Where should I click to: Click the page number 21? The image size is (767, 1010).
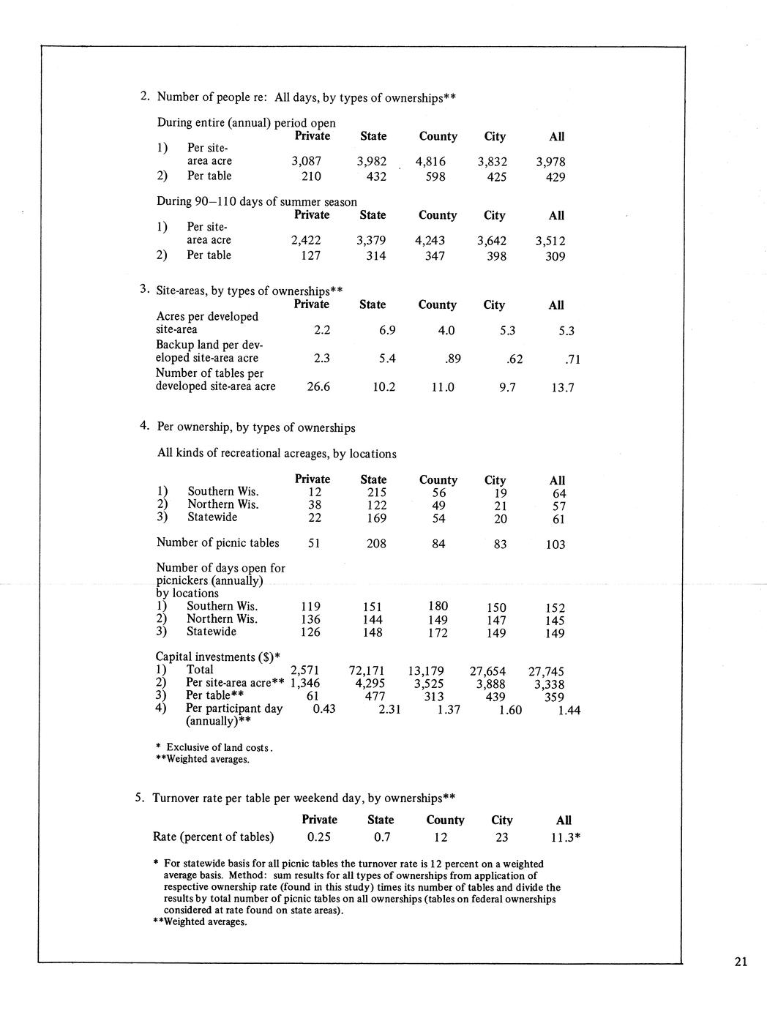740,962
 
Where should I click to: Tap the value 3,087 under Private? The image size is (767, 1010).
306,161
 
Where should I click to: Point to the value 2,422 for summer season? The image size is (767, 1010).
305,240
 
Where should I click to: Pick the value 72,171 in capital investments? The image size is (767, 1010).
369,670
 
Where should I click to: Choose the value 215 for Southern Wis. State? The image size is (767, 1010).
375,493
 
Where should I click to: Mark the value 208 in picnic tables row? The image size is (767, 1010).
375,544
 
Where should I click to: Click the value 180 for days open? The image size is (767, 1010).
438,606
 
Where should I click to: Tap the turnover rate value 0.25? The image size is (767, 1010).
320,837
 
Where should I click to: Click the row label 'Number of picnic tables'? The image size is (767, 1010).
217,543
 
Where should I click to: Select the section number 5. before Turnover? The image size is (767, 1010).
140,798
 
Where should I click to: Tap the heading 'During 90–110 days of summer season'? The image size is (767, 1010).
257,201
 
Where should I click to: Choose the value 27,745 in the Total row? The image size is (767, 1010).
546,671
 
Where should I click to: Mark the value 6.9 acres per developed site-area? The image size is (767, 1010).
387,330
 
